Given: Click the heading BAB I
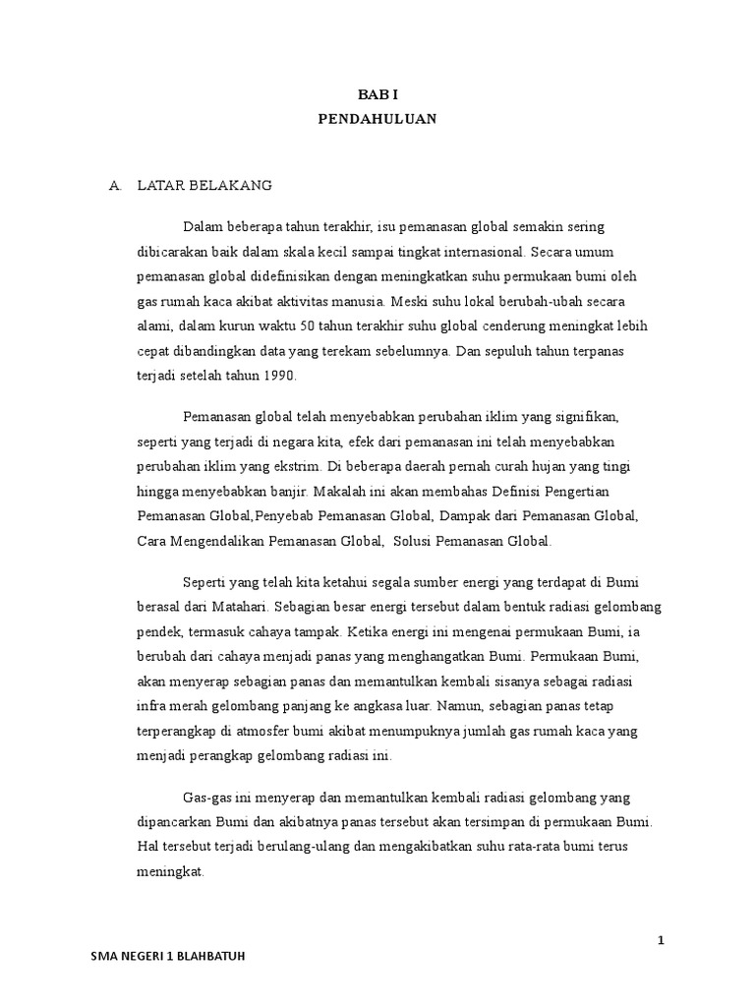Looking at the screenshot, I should [x=377, y=94].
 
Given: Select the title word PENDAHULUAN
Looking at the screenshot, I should [x=377, y=119].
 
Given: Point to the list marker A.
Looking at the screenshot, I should [x=115, y=184].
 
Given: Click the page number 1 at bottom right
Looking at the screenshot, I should [x=662, y=941].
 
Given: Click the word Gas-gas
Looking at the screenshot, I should [x=204, y=794].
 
